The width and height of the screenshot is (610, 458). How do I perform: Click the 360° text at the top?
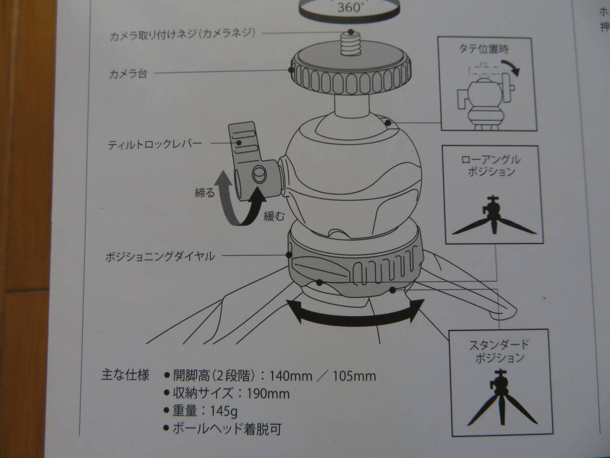tap(350, 7)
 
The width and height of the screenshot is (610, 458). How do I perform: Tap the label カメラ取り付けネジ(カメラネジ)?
tap(182, 35)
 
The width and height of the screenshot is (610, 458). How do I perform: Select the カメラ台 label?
tap(128, 74)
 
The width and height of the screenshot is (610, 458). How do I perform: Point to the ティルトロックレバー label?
tap(155, 145)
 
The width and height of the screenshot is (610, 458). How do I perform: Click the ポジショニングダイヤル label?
tap(160, 256)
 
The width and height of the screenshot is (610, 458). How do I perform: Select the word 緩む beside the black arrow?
tap(274, 215)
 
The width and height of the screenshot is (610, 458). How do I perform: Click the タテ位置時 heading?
tap(484, 49)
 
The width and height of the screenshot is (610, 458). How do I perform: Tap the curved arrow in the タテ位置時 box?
tap(510, 67)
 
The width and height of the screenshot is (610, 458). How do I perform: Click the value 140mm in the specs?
tap(291, 376)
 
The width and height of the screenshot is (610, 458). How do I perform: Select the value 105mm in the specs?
tap(354, 376)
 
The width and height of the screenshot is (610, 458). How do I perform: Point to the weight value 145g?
tap(224, 411)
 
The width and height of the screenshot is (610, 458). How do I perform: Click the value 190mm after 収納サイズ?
tap(268, 394)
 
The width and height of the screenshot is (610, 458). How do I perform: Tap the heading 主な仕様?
tap(126, 375)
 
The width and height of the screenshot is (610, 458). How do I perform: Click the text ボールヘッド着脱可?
tap(227, 429)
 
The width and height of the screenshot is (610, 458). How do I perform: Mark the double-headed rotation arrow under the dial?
tap(355, 317)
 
